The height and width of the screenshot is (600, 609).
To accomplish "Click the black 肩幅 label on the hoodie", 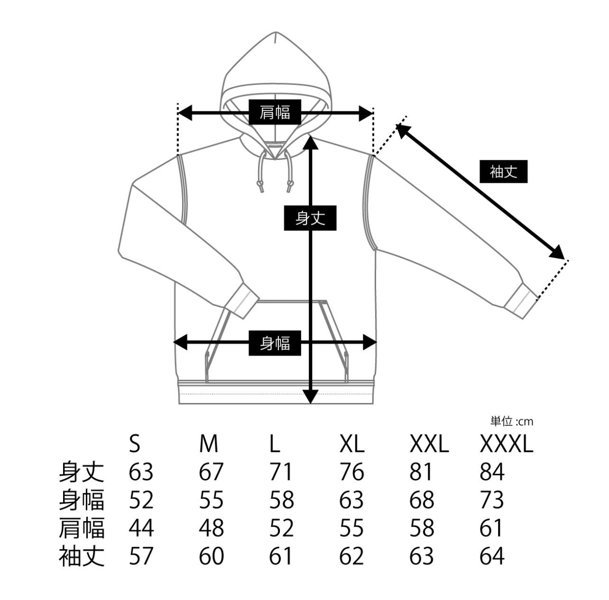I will coord(275,112).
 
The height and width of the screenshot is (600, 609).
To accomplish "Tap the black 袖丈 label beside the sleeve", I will coord(503,171).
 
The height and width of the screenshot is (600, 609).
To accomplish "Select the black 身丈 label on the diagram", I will coord(310,218).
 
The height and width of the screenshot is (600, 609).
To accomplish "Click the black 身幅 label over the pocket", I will coord(275,342).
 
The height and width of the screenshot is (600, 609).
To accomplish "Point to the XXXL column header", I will coord(507,444).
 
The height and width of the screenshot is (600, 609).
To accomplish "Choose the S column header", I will coord(135,444).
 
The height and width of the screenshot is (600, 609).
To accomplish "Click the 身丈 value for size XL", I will coord(352,472).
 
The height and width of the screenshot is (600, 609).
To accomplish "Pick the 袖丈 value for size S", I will coord(141,556).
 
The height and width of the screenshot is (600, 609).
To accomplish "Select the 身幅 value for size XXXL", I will coord(492,500).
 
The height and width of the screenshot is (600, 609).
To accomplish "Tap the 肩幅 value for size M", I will coord(211,528).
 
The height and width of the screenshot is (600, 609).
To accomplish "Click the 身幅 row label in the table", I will coord(82,500).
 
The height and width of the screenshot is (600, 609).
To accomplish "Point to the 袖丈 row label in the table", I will coord(82,556).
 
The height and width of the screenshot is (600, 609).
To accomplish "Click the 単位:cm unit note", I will coord(511,421).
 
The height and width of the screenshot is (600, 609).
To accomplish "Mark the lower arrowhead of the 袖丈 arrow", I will coord(557,252).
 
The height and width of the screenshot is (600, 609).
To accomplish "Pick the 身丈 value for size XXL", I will coord(422,472).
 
